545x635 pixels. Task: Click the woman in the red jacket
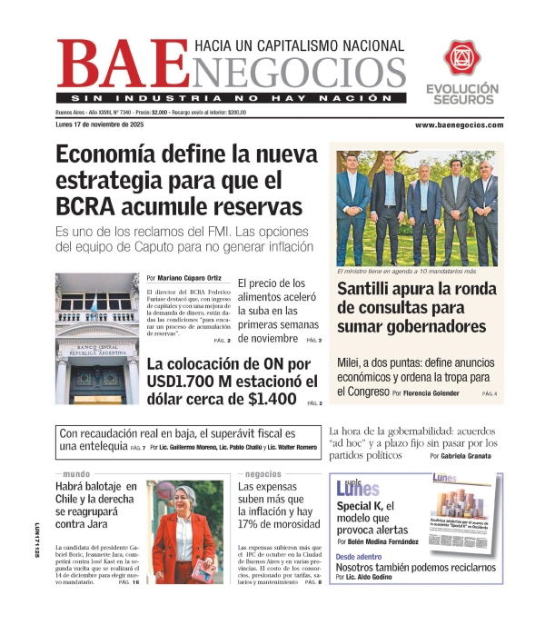tap(183, 533)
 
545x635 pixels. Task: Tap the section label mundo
tap(76, 474)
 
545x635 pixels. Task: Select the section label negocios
tap(263, 474)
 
